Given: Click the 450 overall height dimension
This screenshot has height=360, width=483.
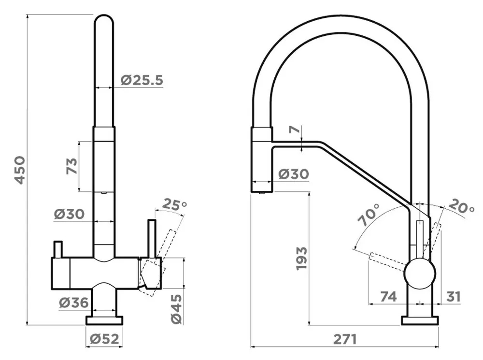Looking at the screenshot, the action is click(x=20, y=170).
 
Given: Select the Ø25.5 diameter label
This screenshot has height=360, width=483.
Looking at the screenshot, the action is click(x=142, y=80).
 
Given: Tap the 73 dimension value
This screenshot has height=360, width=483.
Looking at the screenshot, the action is click(x=72, y=166).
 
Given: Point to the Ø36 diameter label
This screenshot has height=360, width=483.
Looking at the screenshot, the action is click(x=74, y=302).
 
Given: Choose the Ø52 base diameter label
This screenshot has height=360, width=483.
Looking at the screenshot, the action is click(x=104, y=339).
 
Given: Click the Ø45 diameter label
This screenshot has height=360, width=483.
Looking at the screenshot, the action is click(x=177, y=309).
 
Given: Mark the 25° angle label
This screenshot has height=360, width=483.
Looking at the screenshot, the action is click(x=174, y=204).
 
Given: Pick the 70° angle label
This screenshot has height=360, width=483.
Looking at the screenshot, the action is click(x=369, y=215).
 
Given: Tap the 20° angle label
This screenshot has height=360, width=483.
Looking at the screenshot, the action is click(x=461, y=206).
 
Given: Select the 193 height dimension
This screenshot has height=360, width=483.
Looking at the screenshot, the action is click(x=301, y=259).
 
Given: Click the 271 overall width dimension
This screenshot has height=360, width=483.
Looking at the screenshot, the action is click(x=345, y=339).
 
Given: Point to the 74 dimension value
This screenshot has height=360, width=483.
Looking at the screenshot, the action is click(x=388, y=297).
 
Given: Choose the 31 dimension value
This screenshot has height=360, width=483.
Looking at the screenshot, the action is click(x=454, y=297).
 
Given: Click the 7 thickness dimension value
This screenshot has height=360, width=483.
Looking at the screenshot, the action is click(x=295, y=130).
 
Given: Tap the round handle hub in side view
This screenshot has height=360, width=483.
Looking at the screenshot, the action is click(x=420, y=274).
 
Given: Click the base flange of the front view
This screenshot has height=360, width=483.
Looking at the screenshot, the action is click(x=104, y=320).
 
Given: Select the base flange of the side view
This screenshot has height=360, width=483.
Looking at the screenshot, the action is click(x=420, y=320).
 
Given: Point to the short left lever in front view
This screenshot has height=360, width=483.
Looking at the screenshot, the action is click(x=58, y=249).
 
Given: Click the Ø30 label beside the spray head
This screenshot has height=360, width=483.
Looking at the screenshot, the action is click(x=294, y=174).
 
